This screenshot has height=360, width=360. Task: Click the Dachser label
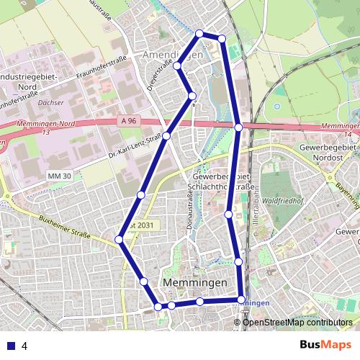click(x=51, y=103)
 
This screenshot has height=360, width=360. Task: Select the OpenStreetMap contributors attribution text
click(x=297, y=323)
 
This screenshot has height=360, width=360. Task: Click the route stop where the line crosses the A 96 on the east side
click(x=239, y=127)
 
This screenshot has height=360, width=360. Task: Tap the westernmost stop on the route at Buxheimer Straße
click(x=120, y=240)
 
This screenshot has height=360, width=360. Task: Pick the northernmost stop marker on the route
click(x=200, y=33)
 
